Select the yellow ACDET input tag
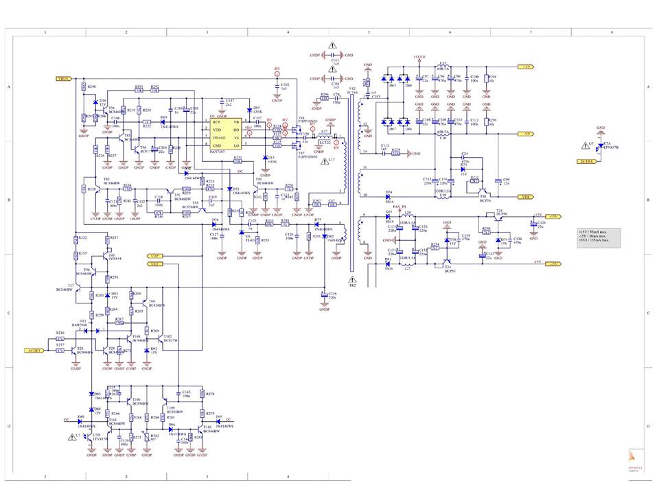pyautogui.click(x=34, y=350)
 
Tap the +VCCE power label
pyautogui.click(x=419, y=57)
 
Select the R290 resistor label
pyautogui.click(x=92, y=87)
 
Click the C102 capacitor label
pyautogui.click(x=285, y=84)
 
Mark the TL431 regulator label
pyautogui.click(x=248, y=240)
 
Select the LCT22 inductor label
pyautogui.click(x=325, y=142)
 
